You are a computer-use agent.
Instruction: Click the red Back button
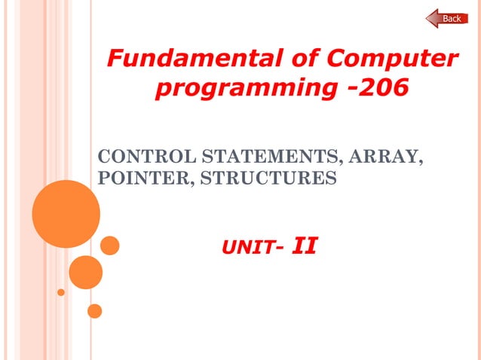pyautogui.click(x=447, y=18)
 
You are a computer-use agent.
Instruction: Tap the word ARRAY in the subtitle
pyautogui.click(x=388, y=158)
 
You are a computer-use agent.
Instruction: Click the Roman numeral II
pyautogui.click(x=304, y=246)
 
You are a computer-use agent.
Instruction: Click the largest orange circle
pyautogui.click(x=66, y=214)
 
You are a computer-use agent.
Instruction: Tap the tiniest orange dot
pyautogui.click(x=61, y=291)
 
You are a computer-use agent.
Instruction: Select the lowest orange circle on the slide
pyautogui.click(x=94, y=310)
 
